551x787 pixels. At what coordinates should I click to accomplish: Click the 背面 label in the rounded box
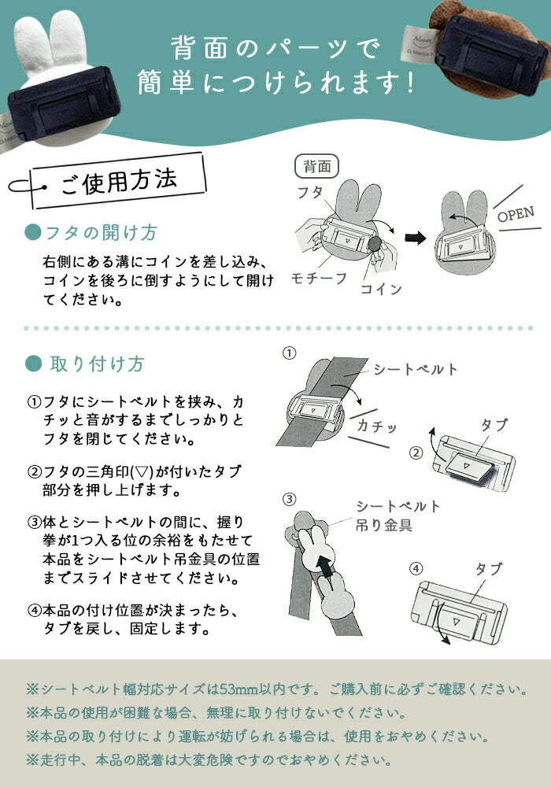click(x=317, y=166)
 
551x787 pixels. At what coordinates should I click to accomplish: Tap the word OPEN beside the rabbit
click(x=516, y=214)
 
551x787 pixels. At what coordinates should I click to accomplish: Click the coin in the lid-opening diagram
click(x=375, y=245)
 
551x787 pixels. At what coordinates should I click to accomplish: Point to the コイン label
click(x=382, y=289)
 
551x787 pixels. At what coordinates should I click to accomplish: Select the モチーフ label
click(x=319, y=278)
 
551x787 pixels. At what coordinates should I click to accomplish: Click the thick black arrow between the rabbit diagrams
click(x=415, y=238)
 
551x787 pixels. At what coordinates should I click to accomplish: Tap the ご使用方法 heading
click(x=119, y=181)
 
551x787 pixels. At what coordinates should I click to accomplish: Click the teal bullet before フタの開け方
click(x=32, y=232)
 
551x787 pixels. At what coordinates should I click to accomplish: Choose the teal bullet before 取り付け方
click(x=34, y=364)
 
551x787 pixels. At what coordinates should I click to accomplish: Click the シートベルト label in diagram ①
click(x=416, y=369)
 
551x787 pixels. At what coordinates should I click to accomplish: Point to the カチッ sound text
click(x=377, y=426)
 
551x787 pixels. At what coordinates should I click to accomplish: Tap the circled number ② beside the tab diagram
click(x=416, y=453)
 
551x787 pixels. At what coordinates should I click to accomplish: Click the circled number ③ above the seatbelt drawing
click(x=289, y=500)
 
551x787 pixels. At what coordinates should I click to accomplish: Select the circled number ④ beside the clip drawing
click(x=416, y=568)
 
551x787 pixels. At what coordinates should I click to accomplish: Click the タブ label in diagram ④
click(x=489, y=569)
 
